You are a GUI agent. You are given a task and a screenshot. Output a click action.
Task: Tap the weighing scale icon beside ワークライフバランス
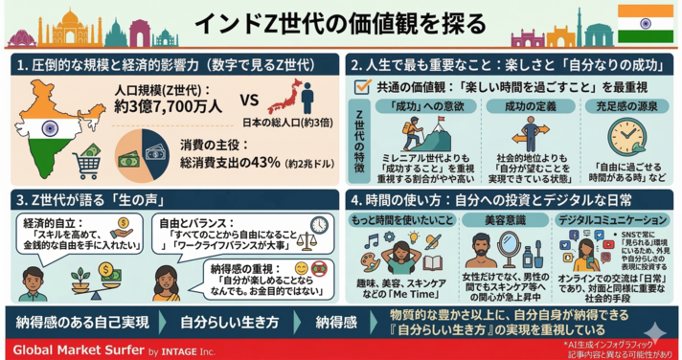307,240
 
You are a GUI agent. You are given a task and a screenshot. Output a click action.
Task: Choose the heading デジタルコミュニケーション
617,219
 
